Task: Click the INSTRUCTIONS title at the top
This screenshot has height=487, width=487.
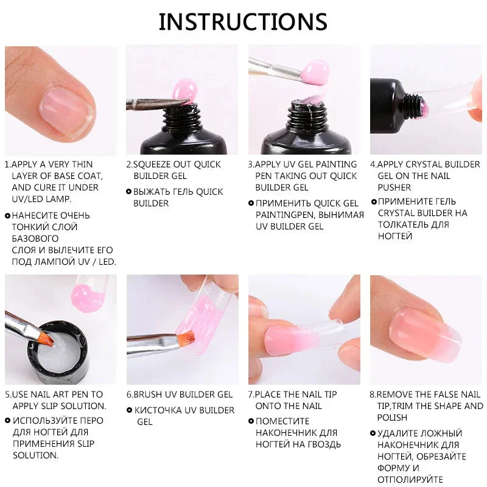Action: point(243,21)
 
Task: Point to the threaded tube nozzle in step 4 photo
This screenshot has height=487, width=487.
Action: point(416,99)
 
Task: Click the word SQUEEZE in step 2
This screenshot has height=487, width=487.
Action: point(156,164)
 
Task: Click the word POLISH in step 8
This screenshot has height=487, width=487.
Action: point(392,418)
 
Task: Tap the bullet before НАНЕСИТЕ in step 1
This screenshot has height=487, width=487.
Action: point(7,215)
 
